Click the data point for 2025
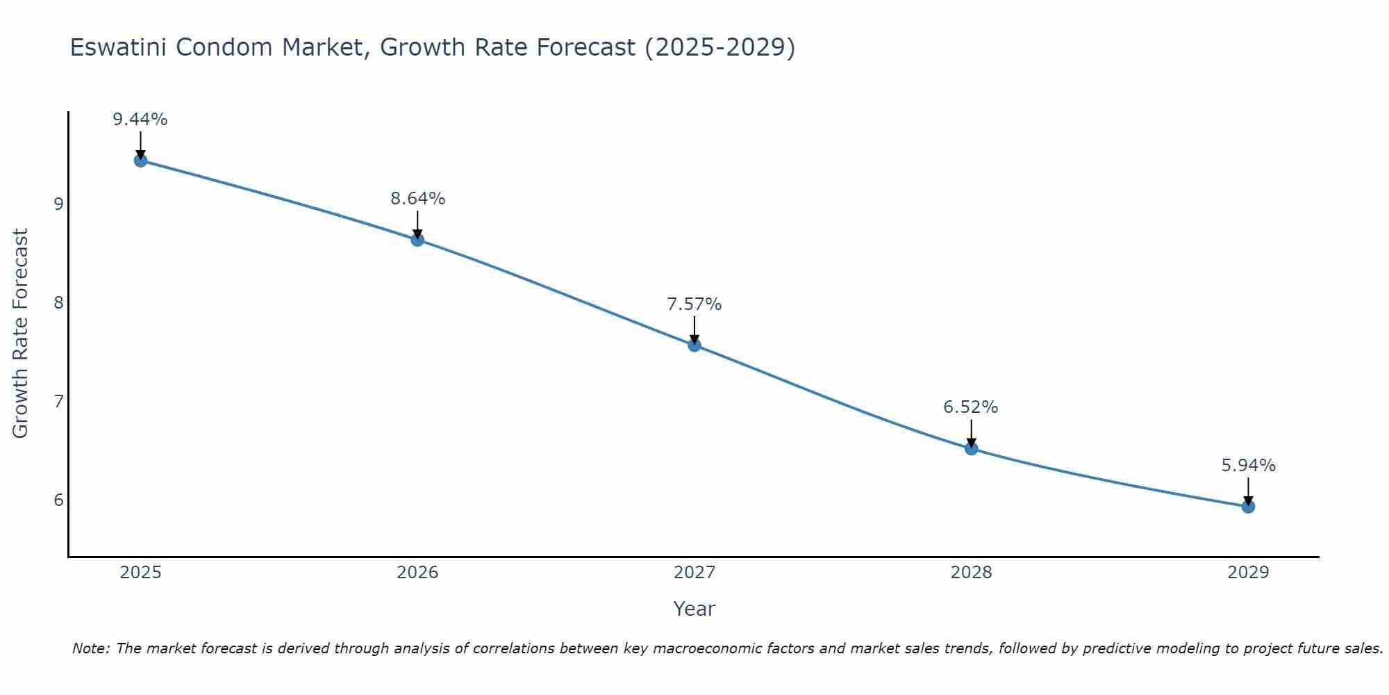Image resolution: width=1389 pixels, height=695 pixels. tap(140, 161)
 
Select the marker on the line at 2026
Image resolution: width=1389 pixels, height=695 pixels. tap(417, 240)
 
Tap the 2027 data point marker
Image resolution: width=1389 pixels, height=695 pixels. tap(694, 345)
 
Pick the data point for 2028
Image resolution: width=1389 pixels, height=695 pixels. tap(971, 449)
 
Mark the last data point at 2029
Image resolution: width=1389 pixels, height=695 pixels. tap(1248, 507)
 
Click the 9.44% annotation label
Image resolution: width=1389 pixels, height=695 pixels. tap(140, 120)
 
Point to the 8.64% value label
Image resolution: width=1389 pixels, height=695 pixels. tap(417, 199)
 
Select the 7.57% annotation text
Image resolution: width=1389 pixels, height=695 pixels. tap(694, 304)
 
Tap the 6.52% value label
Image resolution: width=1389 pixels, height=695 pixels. tap(971, 407)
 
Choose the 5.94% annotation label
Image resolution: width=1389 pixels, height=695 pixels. tap(1248, 466)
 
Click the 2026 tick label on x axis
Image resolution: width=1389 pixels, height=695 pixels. tap(417, 573)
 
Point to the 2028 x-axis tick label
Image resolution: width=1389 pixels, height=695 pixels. tap(971, 573)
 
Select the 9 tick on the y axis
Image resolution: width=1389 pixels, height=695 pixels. tap(58, 204)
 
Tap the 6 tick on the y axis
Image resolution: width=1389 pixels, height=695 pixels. tap(58, 500)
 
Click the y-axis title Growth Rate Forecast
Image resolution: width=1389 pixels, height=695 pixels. tap(21, 334)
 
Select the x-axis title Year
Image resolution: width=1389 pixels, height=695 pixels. tap(694, 609)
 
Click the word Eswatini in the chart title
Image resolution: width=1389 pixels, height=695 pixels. tap(117, 48)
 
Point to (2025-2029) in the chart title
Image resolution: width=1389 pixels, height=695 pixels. tap(720, 48)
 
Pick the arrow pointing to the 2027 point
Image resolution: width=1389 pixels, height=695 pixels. tap(694, 329)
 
